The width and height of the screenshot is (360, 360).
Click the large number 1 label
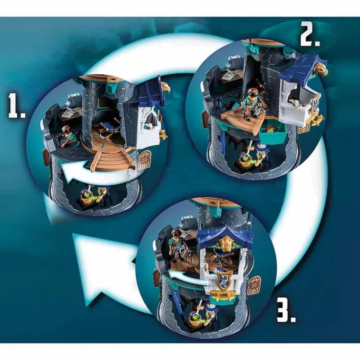click(17, 106)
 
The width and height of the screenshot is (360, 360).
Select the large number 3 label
click(286, 309)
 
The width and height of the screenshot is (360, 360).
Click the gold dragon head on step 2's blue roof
click(321, 68)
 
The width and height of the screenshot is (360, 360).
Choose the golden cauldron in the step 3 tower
click(196, 320)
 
